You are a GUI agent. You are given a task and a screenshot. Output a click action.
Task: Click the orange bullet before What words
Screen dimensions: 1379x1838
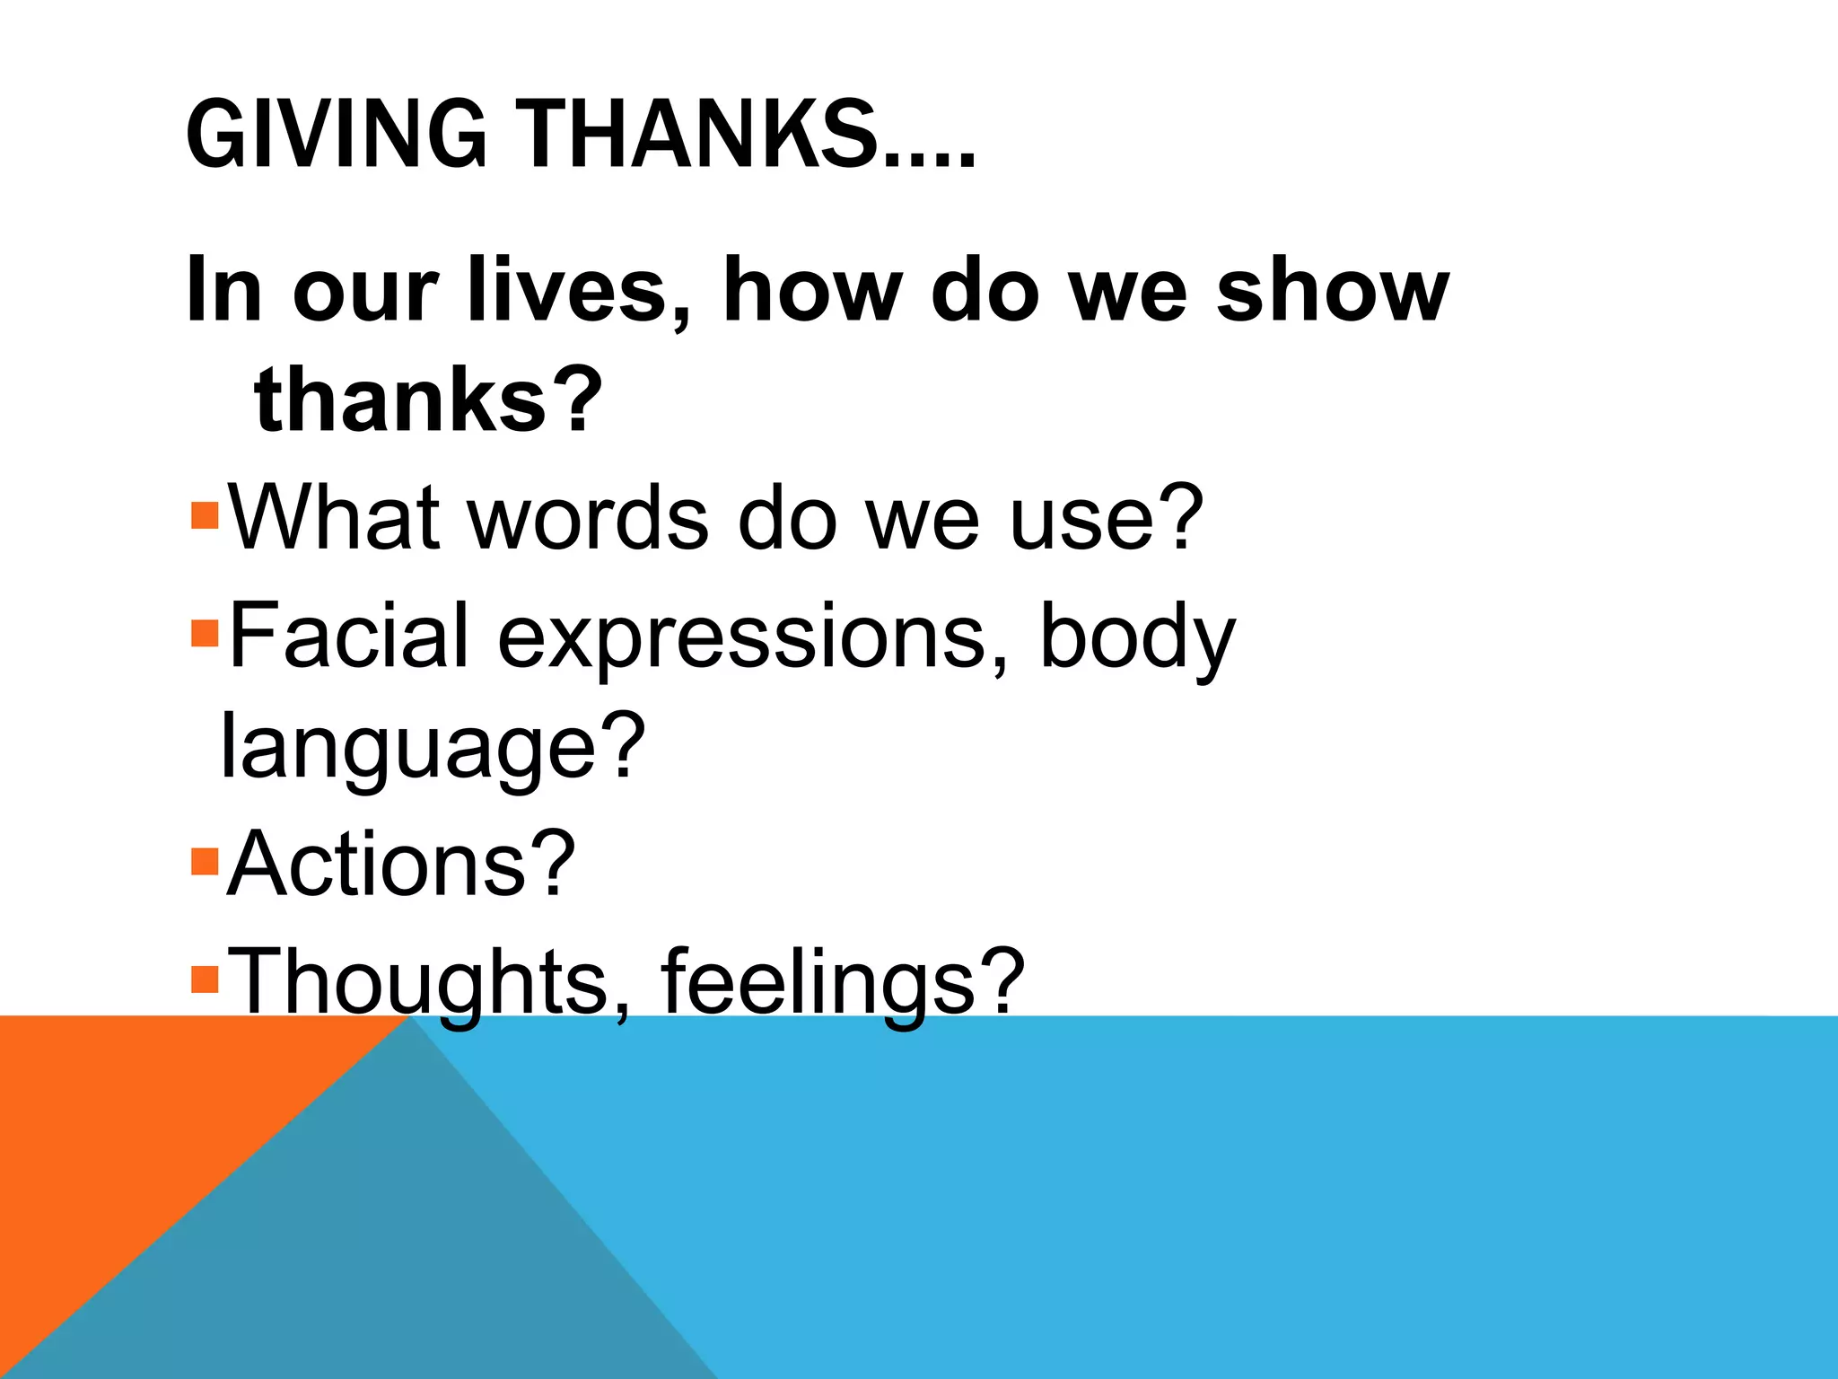206,515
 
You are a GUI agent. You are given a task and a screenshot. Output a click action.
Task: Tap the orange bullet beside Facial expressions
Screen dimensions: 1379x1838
206,633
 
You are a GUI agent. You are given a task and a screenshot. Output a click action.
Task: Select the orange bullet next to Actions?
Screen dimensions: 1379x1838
206,861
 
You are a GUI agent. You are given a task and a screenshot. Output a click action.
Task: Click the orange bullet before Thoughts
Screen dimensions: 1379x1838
206,978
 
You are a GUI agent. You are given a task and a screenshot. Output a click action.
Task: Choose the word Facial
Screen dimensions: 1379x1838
348,636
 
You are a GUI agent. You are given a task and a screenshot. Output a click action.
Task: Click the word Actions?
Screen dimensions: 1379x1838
400,863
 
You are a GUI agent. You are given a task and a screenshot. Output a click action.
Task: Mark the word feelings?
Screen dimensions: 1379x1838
842,981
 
